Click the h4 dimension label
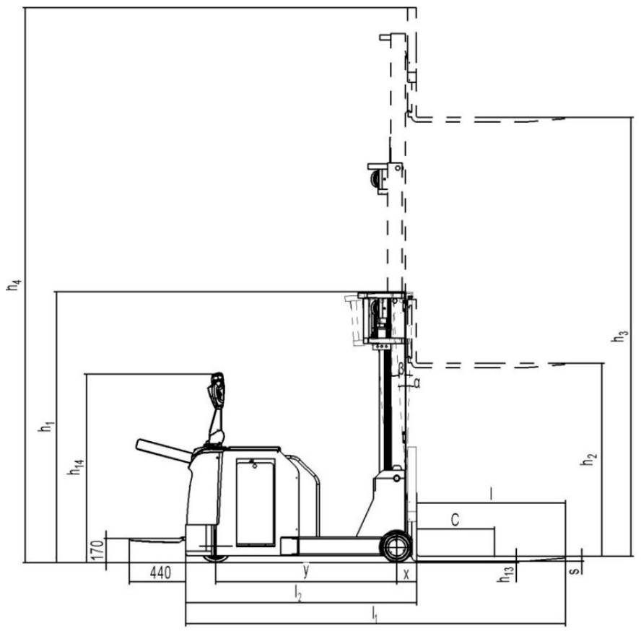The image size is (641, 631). point(14,284)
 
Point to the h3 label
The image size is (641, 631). point(619,336)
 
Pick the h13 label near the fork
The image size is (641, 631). point(505,574)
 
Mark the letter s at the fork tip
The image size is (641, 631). point(575,569)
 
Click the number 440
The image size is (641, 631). point(160,573)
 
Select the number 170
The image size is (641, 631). point(97,550)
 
